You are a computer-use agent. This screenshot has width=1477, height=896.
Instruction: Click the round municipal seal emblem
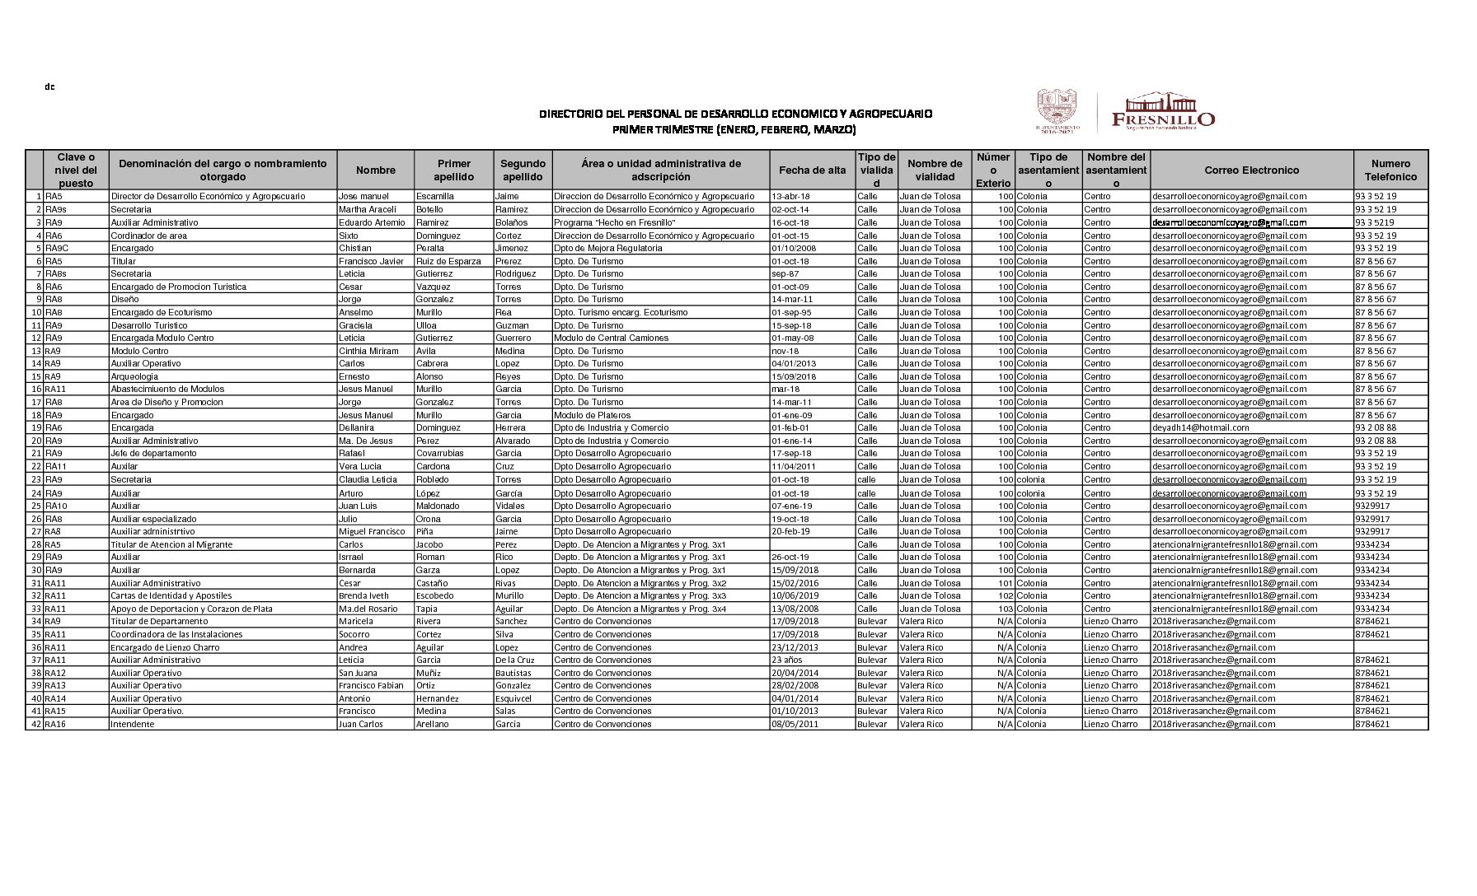coord(1057,107)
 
